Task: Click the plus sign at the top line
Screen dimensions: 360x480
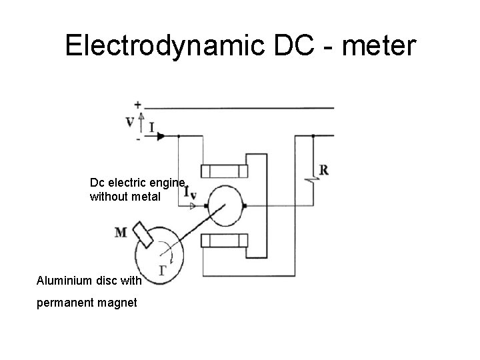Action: pyautogui.click(x=137, y=104)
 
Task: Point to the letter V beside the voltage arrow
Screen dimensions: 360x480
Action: pyautogui.click(x=130, y=122)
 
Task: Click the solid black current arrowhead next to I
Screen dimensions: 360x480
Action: pyautogui.click(x=161, y=136)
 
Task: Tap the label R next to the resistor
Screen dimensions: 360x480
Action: pyautogui.click(x=323, y=170)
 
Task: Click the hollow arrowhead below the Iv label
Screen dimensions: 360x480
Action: pyautogui.click(x=193, y=207)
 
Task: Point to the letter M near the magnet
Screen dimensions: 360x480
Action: pyautogui.click(x=121, y=233)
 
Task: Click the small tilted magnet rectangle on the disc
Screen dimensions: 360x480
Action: pyautogui.click(x=143, y=233)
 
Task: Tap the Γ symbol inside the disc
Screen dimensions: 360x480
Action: pyautogui.click(x=162, y=270)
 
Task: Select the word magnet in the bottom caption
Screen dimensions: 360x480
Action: pyautogui.click(x=115, y=303)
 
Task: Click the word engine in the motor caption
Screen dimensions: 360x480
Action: pyautogui.click(x=165, y=181)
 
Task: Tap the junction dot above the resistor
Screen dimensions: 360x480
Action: pyautogui.click(x=312, y=136)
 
